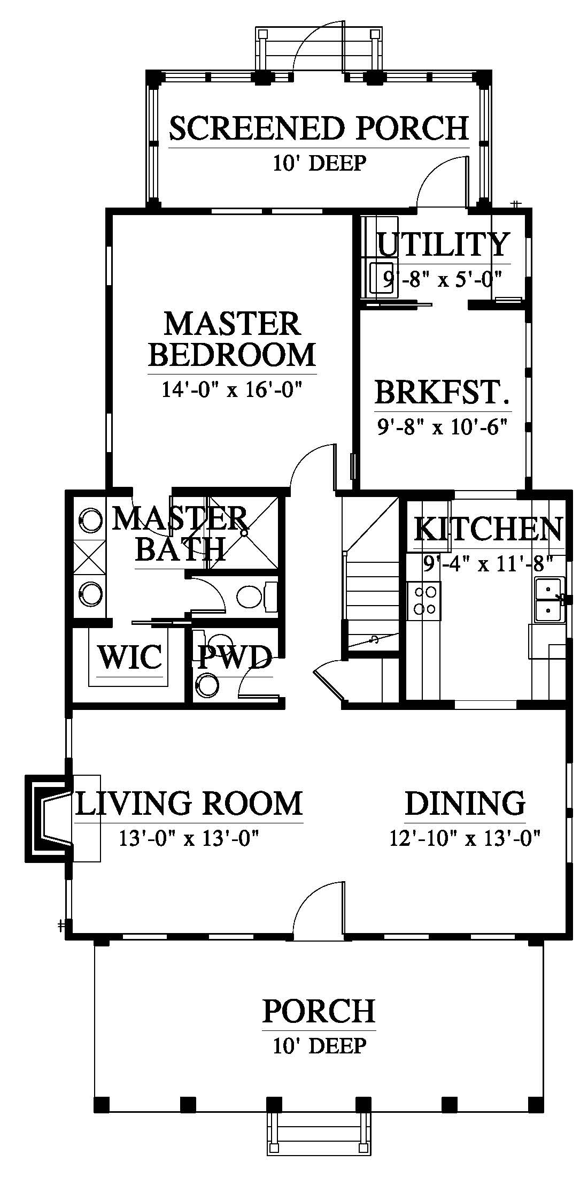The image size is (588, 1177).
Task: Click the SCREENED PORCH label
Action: coord(319,128)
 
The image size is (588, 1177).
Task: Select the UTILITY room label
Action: coord(443,244)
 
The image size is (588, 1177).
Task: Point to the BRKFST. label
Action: coord(442,392)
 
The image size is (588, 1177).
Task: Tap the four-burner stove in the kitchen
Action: coord(424,601)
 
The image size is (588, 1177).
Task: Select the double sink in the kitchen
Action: coord(548,600)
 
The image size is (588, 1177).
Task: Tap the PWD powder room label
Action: coord(235,658)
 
